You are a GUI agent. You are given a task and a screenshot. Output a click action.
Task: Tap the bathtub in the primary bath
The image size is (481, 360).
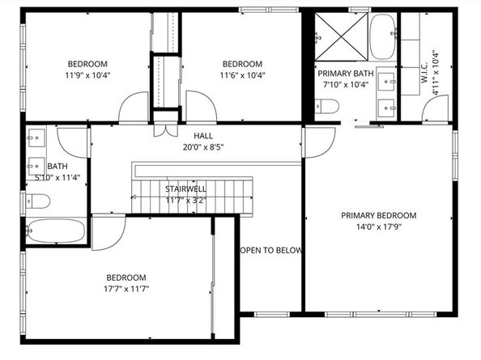pos(381,37)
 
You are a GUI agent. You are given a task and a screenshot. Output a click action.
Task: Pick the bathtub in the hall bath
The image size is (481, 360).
pos(55,231)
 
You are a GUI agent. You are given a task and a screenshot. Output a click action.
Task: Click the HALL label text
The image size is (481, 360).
pos(203,135)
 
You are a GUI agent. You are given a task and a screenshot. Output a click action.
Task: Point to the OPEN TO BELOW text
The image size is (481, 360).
pos(272,251)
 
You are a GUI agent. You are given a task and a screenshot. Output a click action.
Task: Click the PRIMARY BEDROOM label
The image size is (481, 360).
pos(378,215)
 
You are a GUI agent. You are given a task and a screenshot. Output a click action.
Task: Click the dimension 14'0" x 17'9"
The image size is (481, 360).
pos(378,228)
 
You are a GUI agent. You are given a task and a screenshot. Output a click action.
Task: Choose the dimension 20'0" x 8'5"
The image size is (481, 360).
pos(203,147)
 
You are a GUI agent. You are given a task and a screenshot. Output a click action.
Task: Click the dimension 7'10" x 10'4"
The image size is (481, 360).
pos(345,84)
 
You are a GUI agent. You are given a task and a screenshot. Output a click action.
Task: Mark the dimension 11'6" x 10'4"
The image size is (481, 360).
pos(243,76)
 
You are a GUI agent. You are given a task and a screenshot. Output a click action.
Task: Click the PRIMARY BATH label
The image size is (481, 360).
pos(345,73)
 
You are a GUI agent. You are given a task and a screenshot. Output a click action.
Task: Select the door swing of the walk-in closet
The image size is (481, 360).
pos(432,112)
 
